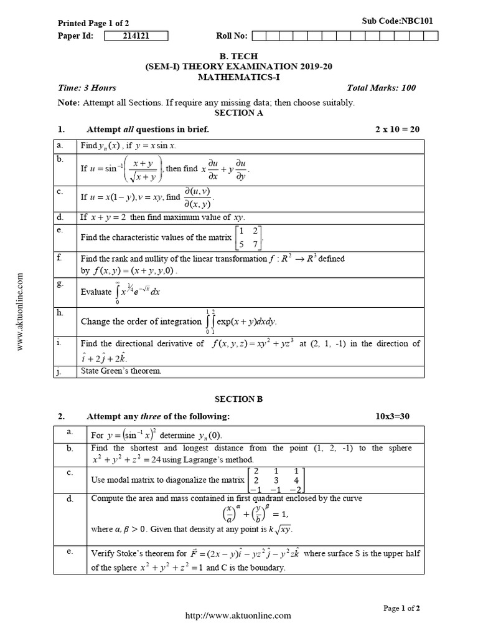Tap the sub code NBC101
click(398, 21)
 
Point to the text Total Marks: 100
click(382, 88)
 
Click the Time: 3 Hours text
click(87, 88)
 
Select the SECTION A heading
click(235, 113)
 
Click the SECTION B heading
click(235, 399)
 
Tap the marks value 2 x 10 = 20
click(397, 129)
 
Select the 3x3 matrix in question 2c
click(276, 480)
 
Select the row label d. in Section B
click(70, 499)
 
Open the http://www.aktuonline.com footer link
click(238, 616)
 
